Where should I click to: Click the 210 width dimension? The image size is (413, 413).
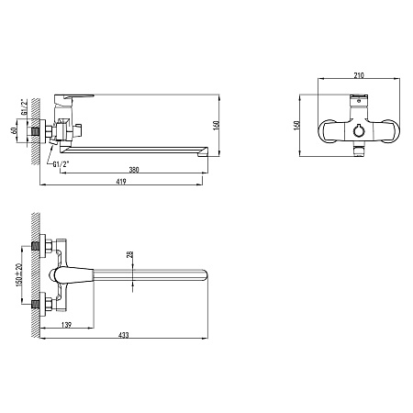(x=359, y=75)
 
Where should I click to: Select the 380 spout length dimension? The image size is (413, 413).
(x=134, y=170)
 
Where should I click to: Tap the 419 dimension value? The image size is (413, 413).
(x=121, y=182)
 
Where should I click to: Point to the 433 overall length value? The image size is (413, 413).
(x=124, y=335)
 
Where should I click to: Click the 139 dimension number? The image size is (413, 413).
(x=66, y=325)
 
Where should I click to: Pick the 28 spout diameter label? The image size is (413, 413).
(x=130, y=254)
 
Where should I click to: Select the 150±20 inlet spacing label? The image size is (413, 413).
(x=19, y=274)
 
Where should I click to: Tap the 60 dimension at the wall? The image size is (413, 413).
(x=14, y=130)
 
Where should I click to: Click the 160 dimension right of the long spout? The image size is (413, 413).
(x=216, y=126)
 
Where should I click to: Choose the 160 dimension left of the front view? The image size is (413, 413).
(x=296, y=126)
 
